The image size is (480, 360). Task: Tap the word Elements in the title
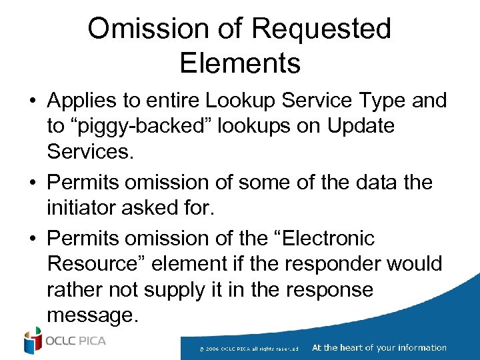240,63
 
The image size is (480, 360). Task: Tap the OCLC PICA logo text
75,341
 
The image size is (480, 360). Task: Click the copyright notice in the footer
253,349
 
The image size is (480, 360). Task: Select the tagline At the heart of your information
379,347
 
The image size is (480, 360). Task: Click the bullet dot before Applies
33,101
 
